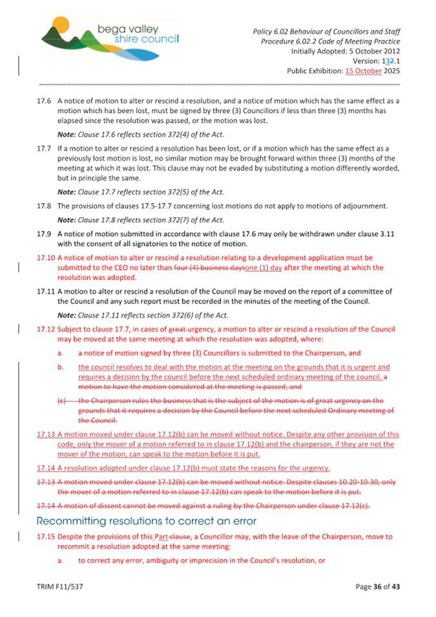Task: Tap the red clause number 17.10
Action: tap(46, 257)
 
